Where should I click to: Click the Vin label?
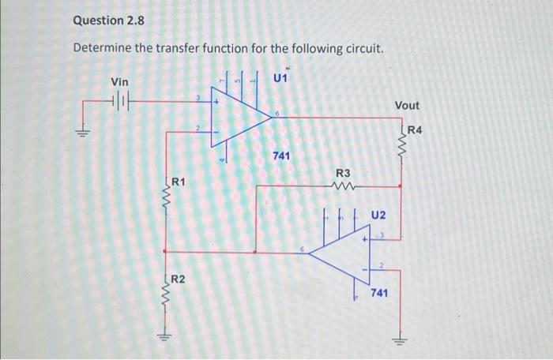click(x=119, y=82)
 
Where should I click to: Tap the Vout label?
click(x=408, y=105)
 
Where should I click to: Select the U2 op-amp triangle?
click(x=340, y=252)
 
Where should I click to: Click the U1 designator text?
click(x=281, y=78)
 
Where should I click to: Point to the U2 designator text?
click(x=379, y=215)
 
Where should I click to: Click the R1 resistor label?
click(x=179, y=182)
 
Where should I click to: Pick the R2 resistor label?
click(x=179, y=279)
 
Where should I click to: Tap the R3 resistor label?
click(x=344, y=172)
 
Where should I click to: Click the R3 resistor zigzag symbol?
click(x=344, y=187)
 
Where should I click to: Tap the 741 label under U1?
click(x=281, y=156)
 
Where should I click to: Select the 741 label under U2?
click(x=379, y=292)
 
